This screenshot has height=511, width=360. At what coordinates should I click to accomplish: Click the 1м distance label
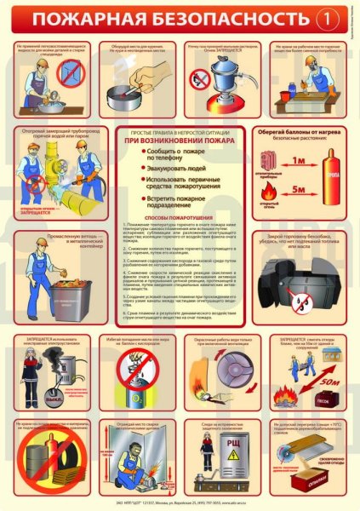[x=297, y=158]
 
